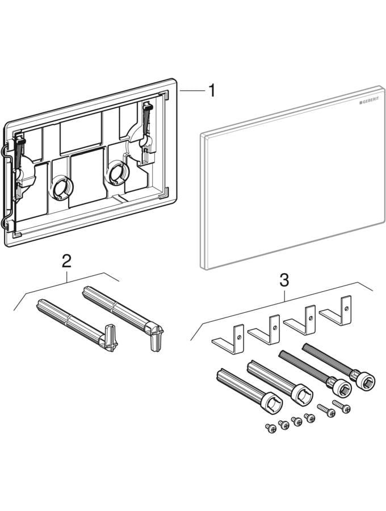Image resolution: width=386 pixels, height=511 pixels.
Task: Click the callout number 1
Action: [x=211, y=90]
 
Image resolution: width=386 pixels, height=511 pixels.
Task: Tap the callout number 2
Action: [x=66, y=262]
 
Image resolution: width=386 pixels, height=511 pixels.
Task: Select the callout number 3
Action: [x=284, y=279]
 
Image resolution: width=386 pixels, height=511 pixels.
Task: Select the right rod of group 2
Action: [x=121, y=312]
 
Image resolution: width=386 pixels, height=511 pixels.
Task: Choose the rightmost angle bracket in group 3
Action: [x=336, y=311]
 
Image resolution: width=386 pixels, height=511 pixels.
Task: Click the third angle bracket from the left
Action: [x=300, y=321]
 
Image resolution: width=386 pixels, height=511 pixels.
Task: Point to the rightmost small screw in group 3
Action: [x=341, y=405]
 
